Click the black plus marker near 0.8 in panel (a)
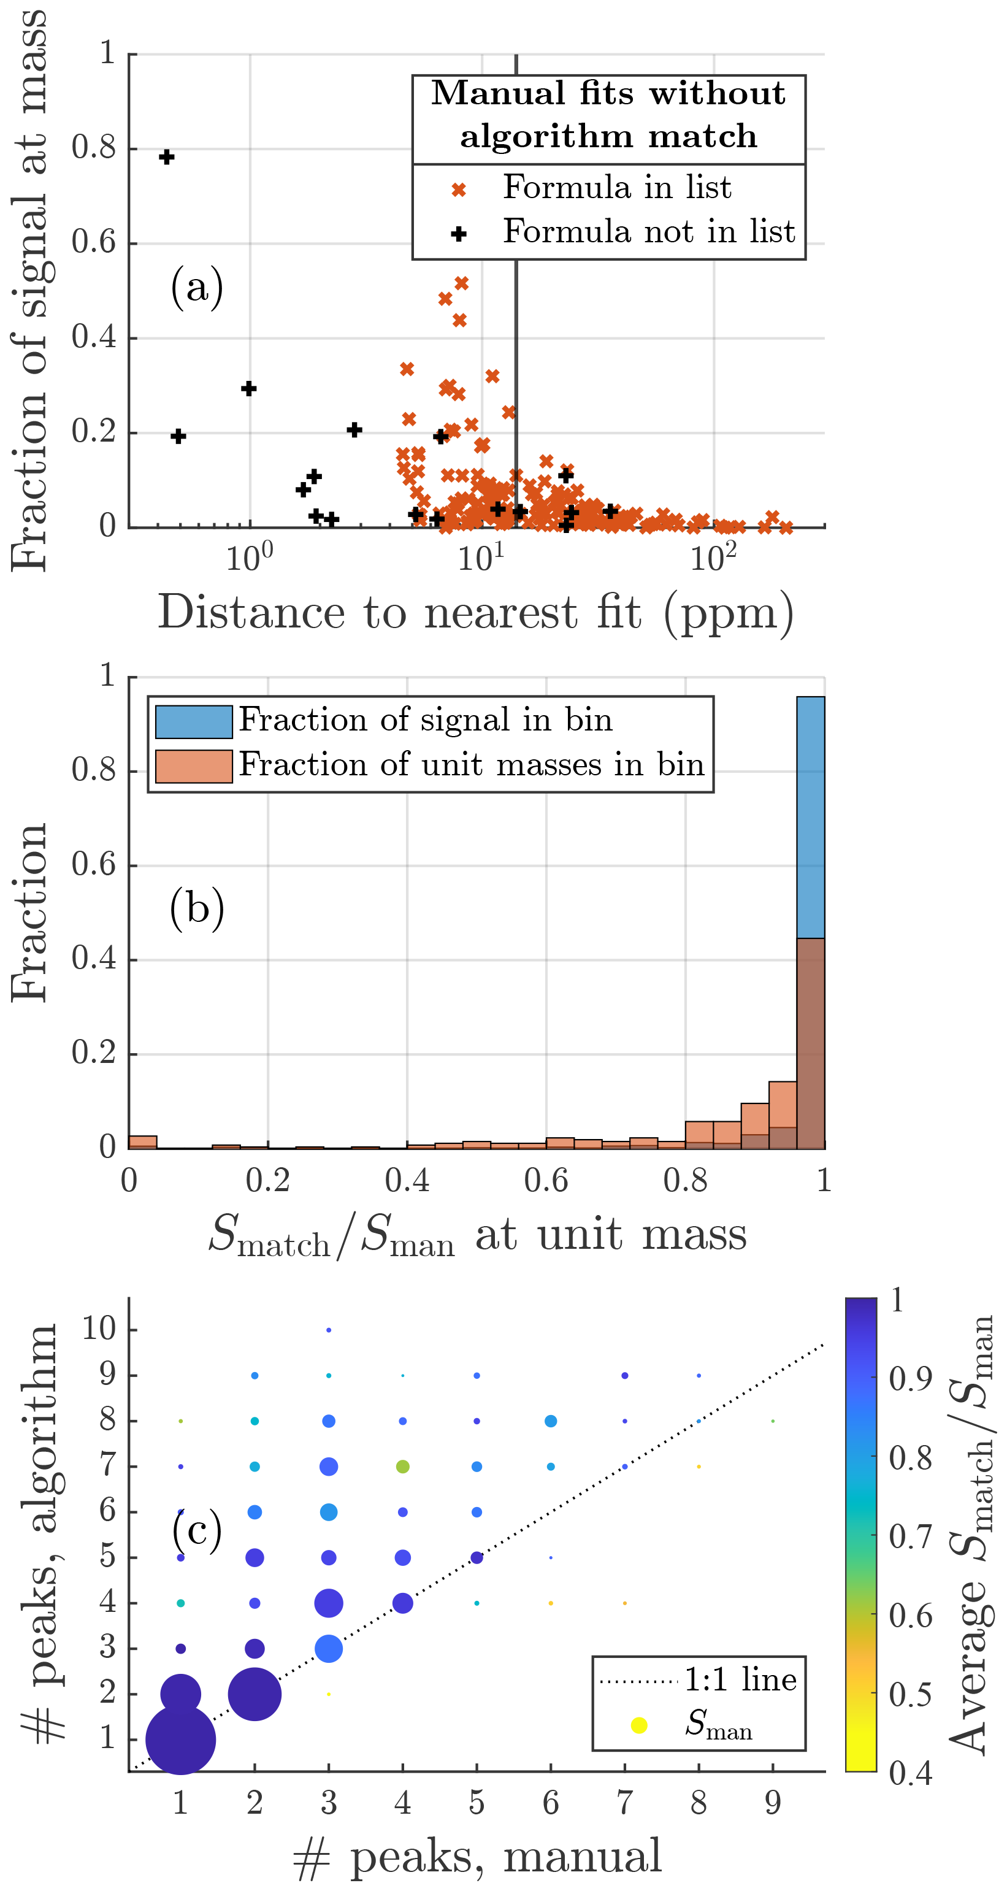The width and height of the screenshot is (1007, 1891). [167, 157]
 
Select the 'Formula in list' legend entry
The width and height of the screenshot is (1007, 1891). [616, 188]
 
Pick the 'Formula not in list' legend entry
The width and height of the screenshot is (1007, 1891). [648, 232]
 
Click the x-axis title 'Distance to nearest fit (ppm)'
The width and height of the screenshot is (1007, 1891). [476, 612]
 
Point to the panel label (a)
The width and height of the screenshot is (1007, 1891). [197, 286]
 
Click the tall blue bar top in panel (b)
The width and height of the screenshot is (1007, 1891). [810, 698]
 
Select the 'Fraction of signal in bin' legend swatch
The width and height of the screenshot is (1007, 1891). [194, 721]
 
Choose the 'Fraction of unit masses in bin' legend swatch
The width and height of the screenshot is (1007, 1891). [194, 766]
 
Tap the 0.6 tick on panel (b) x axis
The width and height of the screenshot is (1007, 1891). [546, 1180]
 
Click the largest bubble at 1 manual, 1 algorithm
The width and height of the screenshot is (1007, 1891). [180, 1739]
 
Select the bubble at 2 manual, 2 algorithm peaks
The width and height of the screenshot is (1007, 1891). [255, 1694]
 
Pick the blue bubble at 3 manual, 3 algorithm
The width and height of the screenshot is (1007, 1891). [329, 1649]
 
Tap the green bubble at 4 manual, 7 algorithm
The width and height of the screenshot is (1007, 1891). [403, 1467]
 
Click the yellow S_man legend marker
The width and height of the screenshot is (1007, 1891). [639, 1725]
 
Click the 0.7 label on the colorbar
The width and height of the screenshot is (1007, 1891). [910, 1537]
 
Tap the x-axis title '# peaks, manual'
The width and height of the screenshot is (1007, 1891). [477, 1857]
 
